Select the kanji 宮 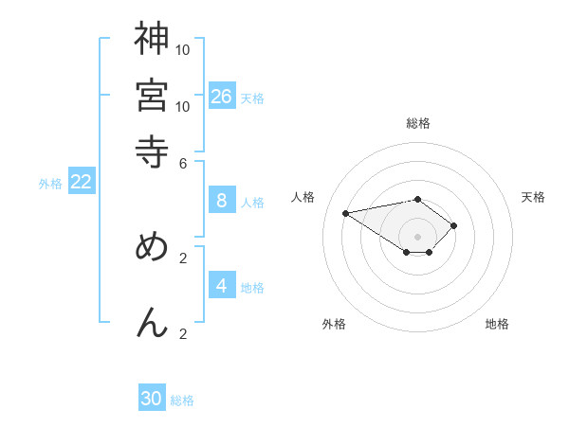[152, 95]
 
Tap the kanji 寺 [152, 151]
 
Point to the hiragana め [152, 247]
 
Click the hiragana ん [152, 322]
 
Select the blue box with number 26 [222, 97]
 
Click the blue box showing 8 [222, 201]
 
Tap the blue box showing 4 [222, 286]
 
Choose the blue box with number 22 [82, 183]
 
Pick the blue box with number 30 [152, 399]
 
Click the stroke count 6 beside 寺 [183, 162]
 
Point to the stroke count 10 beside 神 [183, 48]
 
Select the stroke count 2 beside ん [183, 332]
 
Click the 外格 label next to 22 [50, 184]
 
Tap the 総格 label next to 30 [182, 400]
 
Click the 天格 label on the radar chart [533, 197]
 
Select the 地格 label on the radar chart [497, 324]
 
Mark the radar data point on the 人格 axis [345, 212]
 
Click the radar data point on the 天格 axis [454, 225]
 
